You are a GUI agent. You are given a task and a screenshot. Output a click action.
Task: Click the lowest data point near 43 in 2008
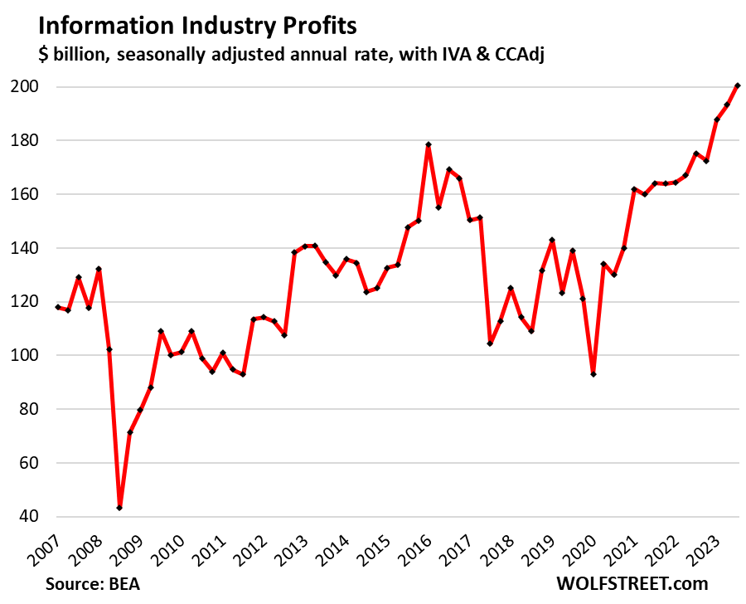[x=119, y=508]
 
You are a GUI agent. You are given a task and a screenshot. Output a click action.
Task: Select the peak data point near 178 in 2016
[x=429, y=144]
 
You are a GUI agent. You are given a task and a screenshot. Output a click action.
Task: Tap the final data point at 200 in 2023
[x=738, y=85]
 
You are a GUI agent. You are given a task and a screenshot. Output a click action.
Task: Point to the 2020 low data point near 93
[x=593, y=374]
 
